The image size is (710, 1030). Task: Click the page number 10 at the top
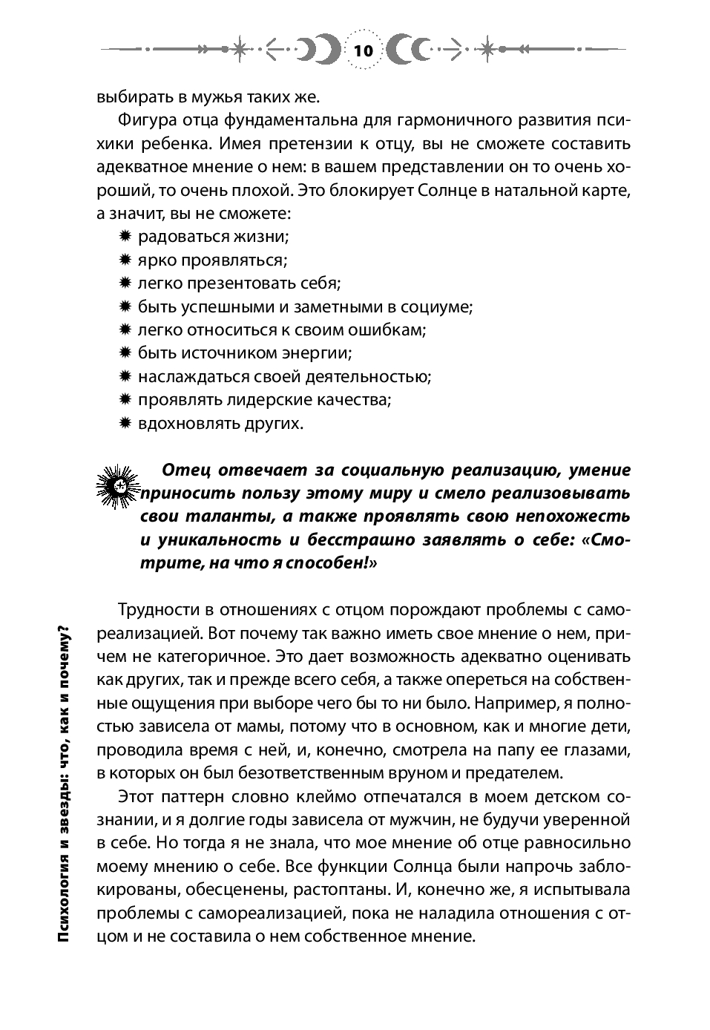point(364,51)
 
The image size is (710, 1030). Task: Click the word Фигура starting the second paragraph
point(145,119)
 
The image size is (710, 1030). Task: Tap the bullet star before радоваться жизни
point(125,236)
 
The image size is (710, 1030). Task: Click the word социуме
point(436,306)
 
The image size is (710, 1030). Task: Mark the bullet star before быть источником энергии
point(125,352)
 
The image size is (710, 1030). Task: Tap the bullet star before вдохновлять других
point(125,423)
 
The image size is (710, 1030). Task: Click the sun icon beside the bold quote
point(119,486)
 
